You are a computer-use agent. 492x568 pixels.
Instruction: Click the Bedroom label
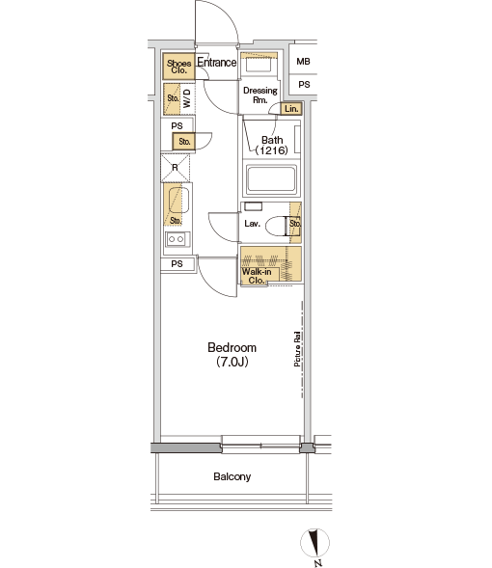click(x=232, y=348)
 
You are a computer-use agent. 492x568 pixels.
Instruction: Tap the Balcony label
click(x=232, y=476)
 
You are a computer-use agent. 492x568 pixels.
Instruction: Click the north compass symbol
click(x=314, y=543)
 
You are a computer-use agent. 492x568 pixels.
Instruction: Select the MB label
click(x=303, y=62)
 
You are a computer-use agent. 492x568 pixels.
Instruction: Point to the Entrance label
click(x=217, y=63)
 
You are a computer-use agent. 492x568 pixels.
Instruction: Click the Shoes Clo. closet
click(x=178, y=67)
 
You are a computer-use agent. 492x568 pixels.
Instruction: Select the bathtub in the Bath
click(x=271, y=179)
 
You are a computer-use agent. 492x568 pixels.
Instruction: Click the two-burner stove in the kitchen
click(x=177, y=239)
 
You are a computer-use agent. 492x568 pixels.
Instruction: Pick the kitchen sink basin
click(x=179, y=200)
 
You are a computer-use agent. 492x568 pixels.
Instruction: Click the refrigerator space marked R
click(x=176, y=168)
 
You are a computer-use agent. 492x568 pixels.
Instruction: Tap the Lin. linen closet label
click(x=291, y=109)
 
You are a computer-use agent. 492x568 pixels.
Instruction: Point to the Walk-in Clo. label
click(x=257, y=276)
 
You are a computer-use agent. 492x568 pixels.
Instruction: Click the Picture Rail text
click(x=297, y=348)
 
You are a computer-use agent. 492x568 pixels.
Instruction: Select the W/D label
click(x=186, y=98)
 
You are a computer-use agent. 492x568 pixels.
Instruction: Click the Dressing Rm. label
click(x=260, y=95)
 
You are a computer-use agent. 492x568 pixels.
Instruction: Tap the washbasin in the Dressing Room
click(x=259, y=66)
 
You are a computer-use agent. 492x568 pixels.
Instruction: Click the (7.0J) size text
click(x=232, y=362)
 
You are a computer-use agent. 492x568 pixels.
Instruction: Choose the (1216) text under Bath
click(x=272, y=150)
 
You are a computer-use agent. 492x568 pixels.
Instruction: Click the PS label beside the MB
click(x=304, y=85)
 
